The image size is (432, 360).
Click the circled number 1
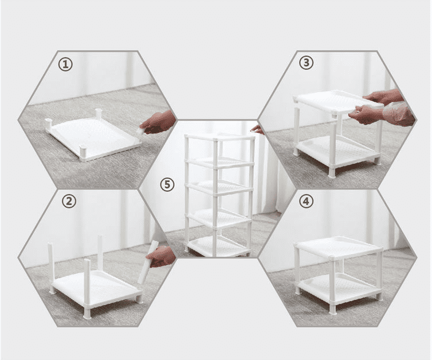[x=65, y=65]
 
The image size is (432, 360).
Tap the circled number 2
[x=69, y=201]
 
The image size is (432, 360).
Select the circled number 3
[x=306, y=63]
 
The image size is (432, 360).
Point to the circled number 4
[x=306, y=201]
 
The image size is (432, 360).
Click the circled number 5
[x=167, y=184]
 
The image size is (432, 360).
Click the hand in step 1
[x=158, y=122]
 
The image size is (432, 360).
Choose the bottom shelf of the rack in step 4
[x=339, y=288]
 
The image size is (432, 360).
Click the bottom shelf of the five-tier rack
[x=218, y=246]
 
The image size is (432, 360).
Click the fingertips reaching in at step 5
[x=257, y=129]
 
